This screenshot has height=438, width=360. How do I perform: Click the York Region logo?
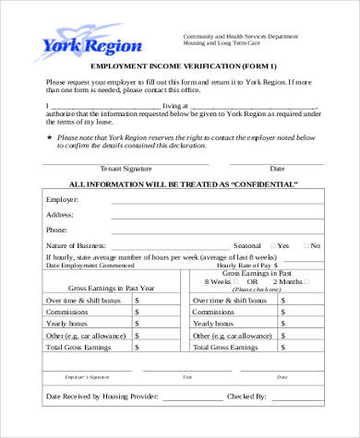click(89, 44)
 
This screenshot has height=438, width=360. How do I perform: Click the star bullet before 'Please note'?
click(49, 136)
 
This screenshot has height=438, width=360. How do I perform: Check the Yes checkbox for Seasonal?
click(270, 246)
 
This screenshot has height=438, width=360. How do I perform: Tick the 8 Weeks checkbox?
click(239, 281)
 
